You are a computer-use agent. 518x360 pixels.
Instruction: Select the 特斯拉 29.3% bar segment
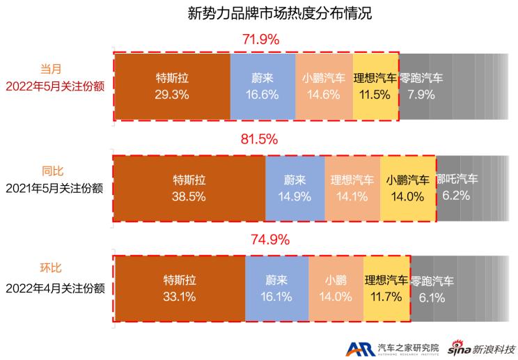(172, 86)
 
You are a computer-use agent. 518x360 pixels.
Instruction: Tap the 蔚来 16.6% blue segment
(262, 86)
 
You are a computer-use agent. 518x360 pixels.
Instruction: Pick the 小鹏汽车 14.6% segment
(324, 86)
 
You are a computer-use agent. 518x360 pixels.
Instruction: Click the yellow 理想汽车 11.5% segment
(375, 86)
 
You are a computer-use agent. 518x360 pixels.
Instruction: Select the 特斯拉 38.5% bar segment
(189, 188)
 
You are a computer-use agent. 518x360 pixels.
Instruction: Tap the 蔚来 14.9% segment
(295, 188)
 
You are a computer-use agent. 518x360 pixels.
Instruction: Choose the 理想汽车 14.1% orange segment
(352, 188)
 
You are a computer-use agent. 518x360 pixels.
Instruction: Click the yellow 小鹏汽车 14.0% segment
(407, 188)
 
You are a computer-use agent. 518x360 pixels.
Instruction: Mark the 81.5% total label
(259, 139)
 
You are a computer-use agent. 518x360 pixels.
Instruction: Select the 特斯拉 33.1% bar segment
(180, 288)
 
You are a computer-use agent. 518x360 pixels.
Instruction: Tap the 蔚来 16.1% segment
(276, 288)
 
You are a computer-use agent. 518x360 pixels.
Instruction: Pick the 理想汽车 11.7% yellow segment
(386, 288)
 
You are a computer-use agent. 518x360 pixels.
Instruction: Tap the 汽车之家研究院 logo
(393, 346)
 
